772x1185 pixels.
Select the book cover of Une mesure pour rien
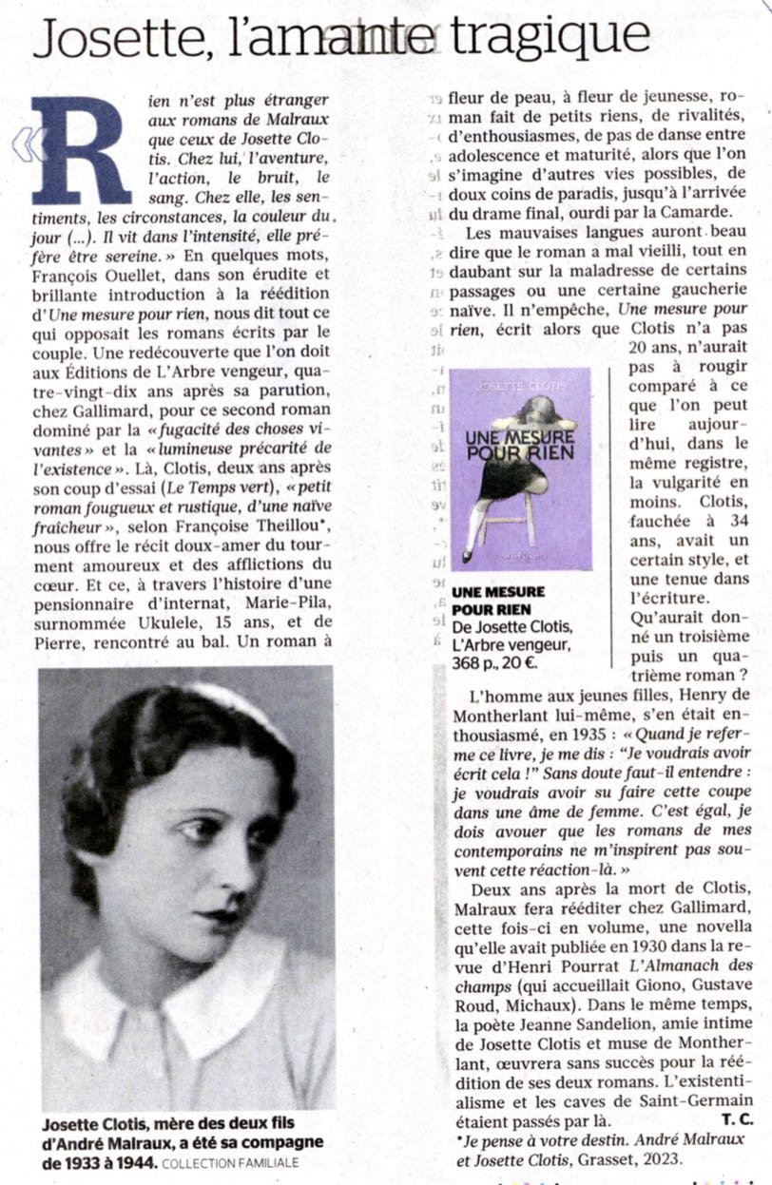(x=520, y=468)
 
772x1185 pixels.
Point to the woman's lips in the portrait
(x=225, y=918)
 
